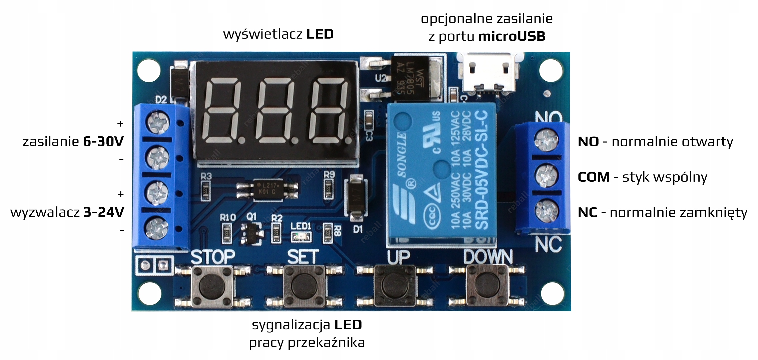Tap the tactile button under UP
pos(395,285)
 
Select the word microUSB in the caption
pos(512,36)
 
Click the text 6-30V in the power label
pos(103,142)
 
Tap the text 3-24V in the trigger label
pos(103,212)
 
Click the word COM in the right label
pos(594,177)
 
